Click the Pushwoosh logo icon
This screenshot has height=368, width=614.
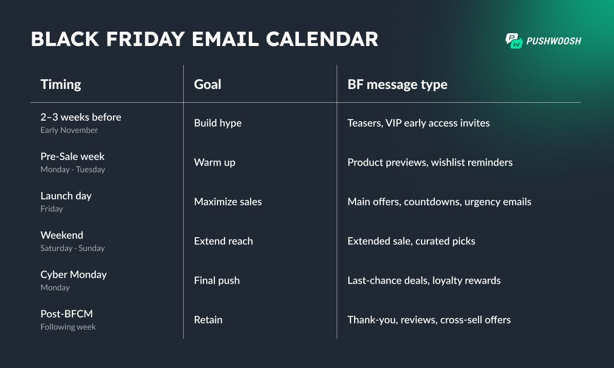coord(514,41)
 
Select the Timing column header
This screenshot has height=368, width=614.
coord(61,84)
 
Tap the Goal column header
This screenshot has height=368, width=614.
coord(208,84)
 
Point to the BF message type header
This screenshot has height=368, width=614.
coord(397,84)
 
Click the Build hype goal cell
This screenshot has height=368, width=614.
coord(217,123)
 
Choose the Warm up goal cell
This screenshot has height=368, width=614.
coord(214,163)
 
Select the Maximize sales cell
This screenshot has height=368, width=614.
coord(228,202)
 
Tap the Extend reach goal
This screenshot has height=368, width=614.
coord(223,241)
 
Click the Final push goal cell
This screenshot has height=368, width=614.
coord(216,281)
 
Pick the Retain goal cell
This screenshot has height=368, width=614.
coord(208,320)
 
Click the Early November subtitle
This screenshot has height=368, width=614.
coord(69,130)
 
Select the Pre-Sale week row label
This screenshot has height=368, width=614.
coord(72,156)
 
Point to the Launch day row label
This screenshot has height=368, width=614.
coord(66,196)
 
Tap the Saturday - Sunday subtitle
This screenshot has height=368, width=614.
coord(72,248)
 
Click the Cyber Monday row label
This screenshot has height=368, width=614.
coord(74,274)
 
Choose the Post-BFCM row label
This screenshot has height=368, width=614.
coord(67,314)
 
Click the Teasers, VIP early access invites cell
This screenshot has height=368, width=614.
coord(419,123)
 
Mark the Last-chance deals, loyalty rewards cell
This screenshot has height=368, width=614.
coord(424,281)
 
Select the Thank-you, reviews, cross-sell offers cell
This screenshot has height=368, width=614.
coord(429,320)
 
